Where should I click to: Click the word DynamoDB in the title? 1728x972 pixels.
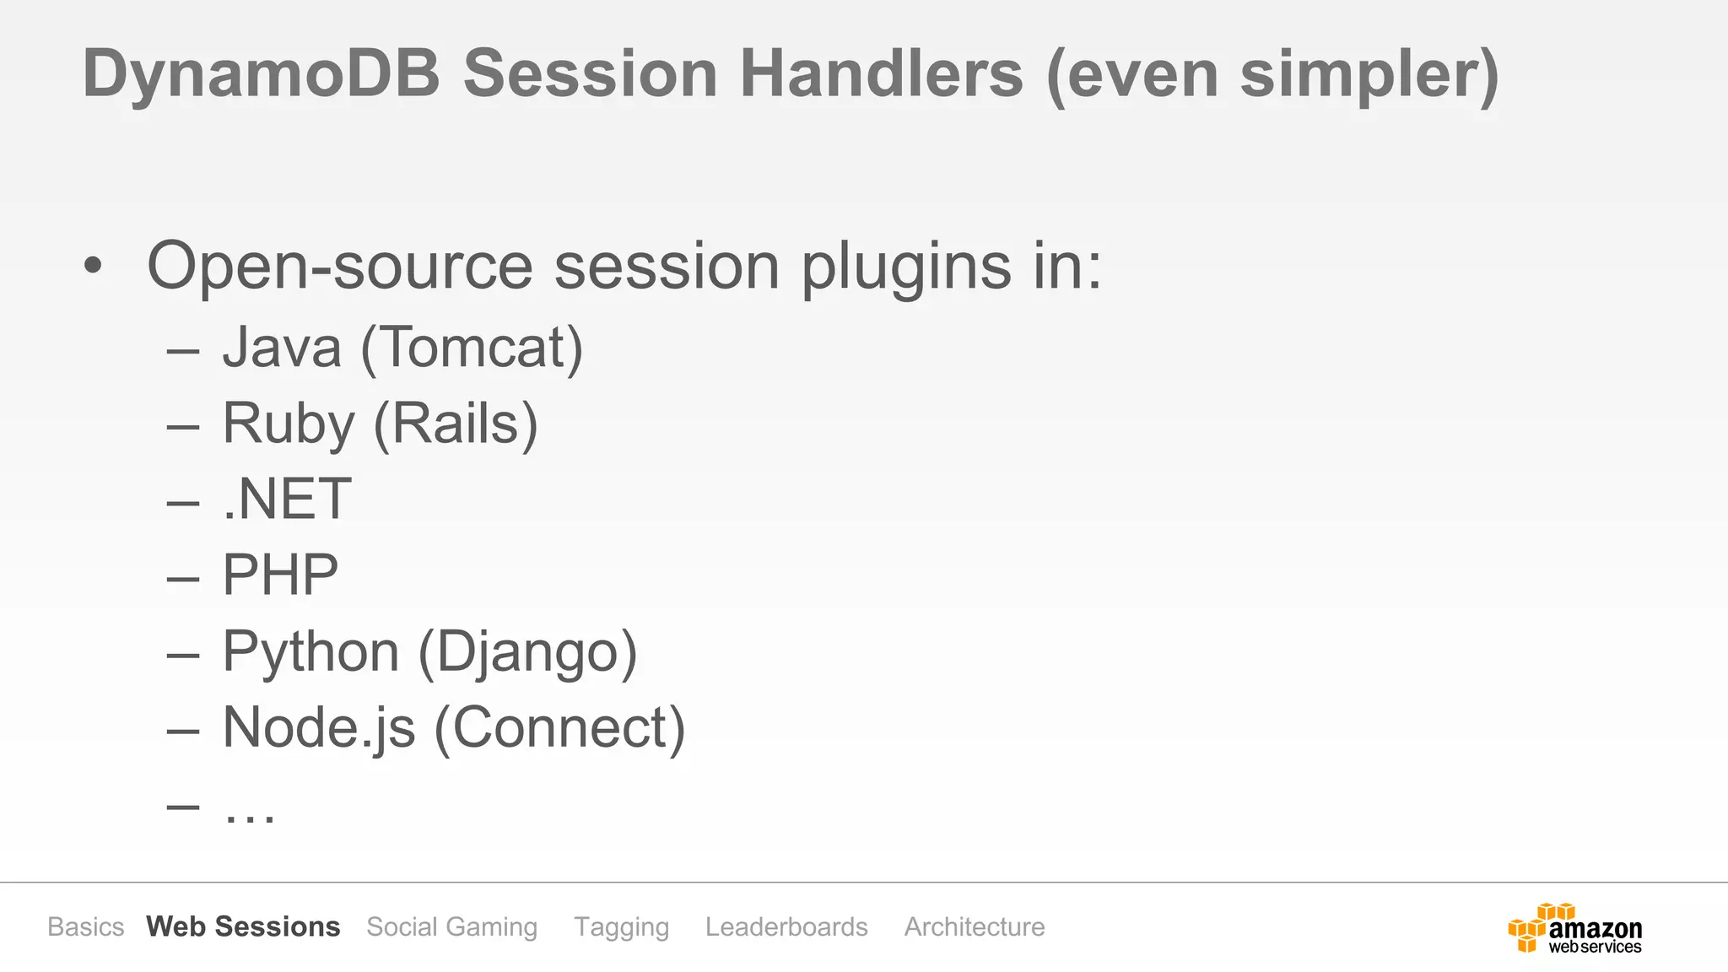pyautogui.click(x=262, y=74)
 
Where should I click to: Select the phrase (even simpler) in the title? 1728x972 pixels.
pyautogui.click(x=1272, y=74)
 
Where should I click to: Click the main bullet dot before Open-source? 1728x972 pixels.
pyautogui.click(x=93, y=267)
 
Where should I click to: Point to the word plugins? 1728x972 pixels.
pyautogui.click(x=905, y=267)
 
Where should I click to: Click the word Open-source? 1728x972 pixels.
pyautogui.click(x=339, y=267)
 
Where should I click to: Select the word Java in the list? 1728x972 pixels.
pyautogui.click(x=282, y=348)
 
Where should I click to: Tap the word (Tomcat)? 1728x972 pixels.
pyautogui.click(x=472, y=348)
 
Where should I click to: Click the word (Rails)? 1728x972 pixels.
pyautogui.click(x=456, y=424)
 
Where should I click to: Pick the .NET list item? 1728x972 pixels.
pyautogui.click(x=287, y=499)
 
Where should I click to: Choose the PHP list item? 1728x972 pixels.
pyautogui.click(x=280, y=575)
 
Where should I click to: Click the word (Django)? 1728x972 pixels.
pyautogui.click(x=528, y=651)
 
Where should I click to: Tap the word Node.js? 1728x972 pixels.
pyautogui.click(x=319, y=727)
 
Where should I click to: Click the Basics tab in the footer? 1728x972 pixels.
pyautogui.click(x=85, y=926)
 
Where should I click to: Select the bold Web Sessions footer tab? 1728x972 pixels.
pyautogui.click(x=243, y=926)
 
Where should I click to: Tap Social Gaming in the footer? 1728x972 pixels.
pyautogui.click(x=451, y=926)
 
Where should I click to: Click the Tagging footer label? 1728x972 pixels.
pyautogui.click(x=621, y=926)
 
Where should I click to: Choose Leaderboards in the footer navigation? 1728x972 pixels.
pyautogui.click(x=786, y=926)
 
